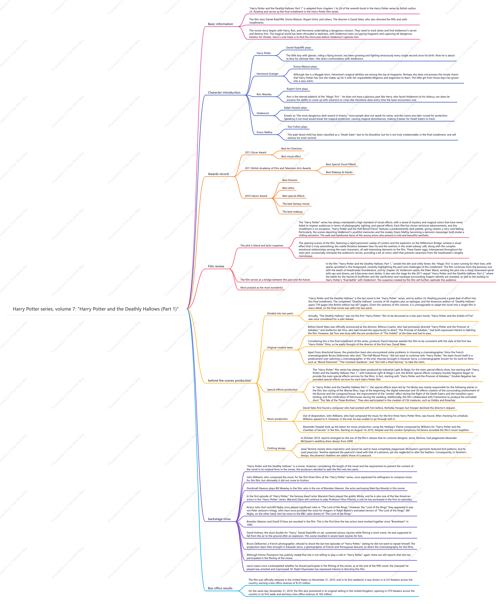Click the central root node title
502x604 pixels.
point(95,309)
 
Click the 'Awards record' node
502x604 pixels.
point(218,174)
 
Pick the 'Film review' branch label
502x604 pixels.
point(216,266)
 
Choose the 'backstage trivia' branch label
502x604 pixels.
point(219,519)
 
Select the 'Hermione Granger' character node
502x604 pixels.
point(267,74)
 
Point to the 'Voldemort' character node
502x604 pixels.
point(263,113)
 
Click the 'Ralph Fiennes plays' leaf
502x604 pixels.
point(296,108)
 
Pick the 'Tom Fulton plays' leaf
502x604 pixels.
point(297,127)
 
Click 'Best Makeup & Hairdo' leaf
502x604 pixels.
point(339,172)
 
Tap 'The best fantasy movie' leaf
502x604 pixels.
point(296,204)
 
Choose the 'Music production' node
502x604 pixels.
point(277,419)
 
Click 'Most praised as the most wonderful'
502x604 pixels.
point(261,288)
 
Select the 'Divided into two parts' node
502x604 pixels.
point(280,313)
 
